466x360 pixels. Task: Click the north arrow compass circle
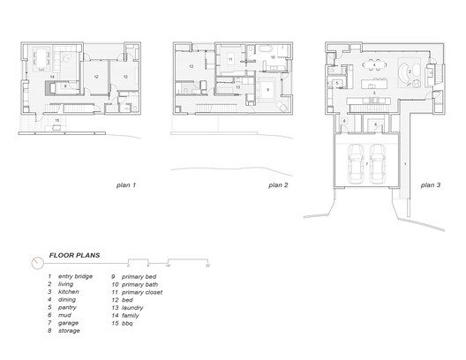[x=34, y=262]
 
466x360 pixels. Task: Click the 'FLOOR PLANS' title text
[x=74, y=256]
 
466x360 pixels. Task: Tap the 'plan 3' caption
[x=430, y=185]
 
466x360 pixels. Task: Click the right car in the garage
[x=377, y=161]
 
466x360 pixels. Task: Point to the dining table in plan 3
[x=376, y=63]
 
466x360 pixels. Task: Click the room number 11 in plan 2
[x=229, y=58]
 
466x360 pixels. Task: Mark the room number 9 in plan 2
[x=267, y=88]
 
